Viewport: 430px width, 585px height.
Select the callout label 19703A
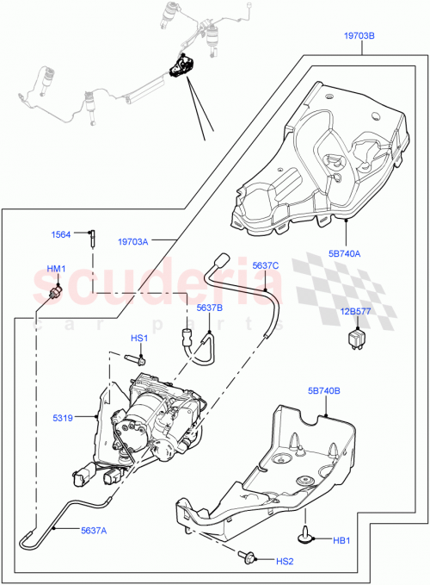tap(133, 242)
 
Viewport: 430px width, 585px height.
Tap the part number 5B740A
tap(344, 253)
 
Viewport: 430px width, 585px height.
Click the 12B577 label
tap(355, 313)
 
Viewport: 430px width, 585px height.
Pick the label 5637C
tap(267, 266)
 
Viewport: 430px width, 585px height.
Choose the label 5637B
tap(209, 308)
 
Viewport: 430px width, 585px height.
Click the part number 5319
tap(84, 420)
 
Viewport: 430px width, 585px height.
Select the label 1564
tap(60, 233)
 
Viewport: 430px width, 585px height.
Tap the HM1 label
tap(56, 270)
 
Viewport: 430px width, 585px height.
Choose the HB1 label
tap(343, 541)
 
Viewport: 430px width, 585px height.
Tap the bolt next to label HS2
tap(250, 560)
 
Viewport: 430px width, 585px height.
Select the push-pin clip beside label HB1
tap(306, 539)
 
